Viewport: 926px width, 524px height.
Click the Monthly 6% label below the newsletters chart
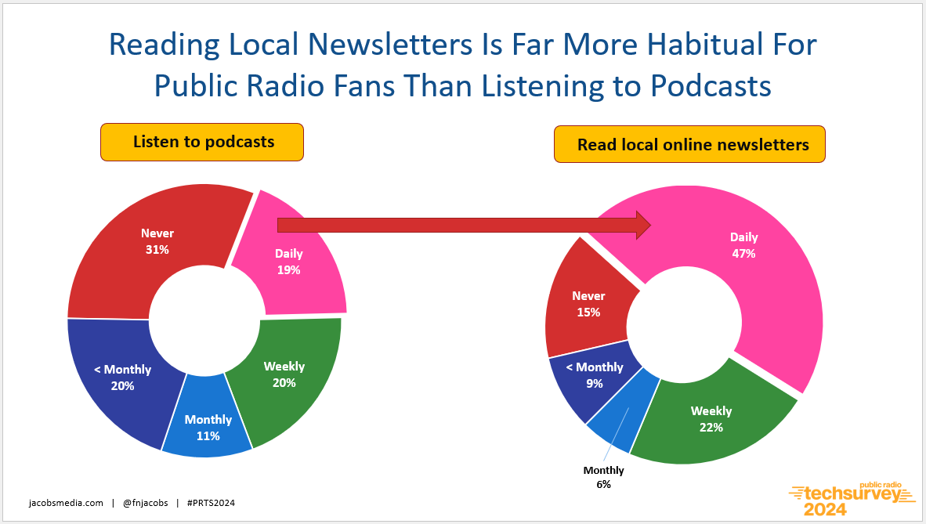coord(603,477)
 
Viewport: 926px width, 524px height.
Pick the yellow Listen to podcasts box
coord(202,142)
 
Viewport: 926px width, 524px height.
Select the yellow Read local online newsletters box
coord(689,144)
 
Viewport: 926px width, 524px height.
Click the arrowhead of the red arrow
coord(643,225)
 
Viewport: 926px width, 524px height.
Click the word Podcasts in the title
coord(711,86)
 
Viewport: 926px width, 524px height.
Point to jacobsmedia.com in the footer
coord(66,504)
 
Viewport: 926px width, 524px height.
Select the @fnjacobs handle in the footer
coord(145,504)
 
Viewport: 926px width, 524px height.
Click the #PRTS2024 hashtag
coord(211,504)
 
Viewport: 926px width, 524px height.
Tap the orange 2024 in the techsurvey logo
coord(824,509)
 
